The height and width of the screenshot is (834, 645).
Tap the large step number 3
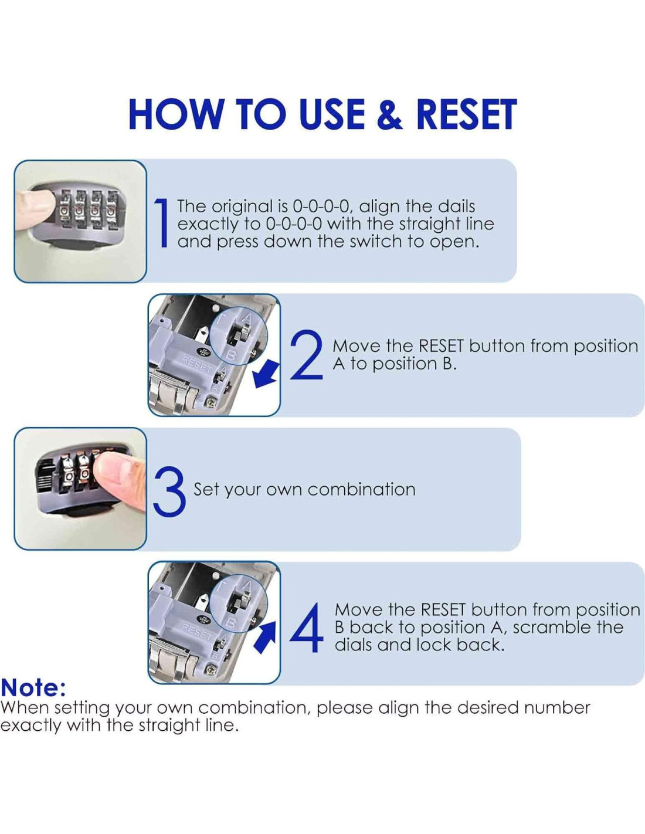pos(169,489)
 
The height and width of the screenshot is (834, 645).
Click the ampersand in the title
pos(390,114)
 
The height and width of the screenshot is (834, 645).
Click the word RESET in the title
pos(466,114)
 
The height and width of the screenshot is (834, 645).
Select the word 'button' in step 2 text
pos(497,346)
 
